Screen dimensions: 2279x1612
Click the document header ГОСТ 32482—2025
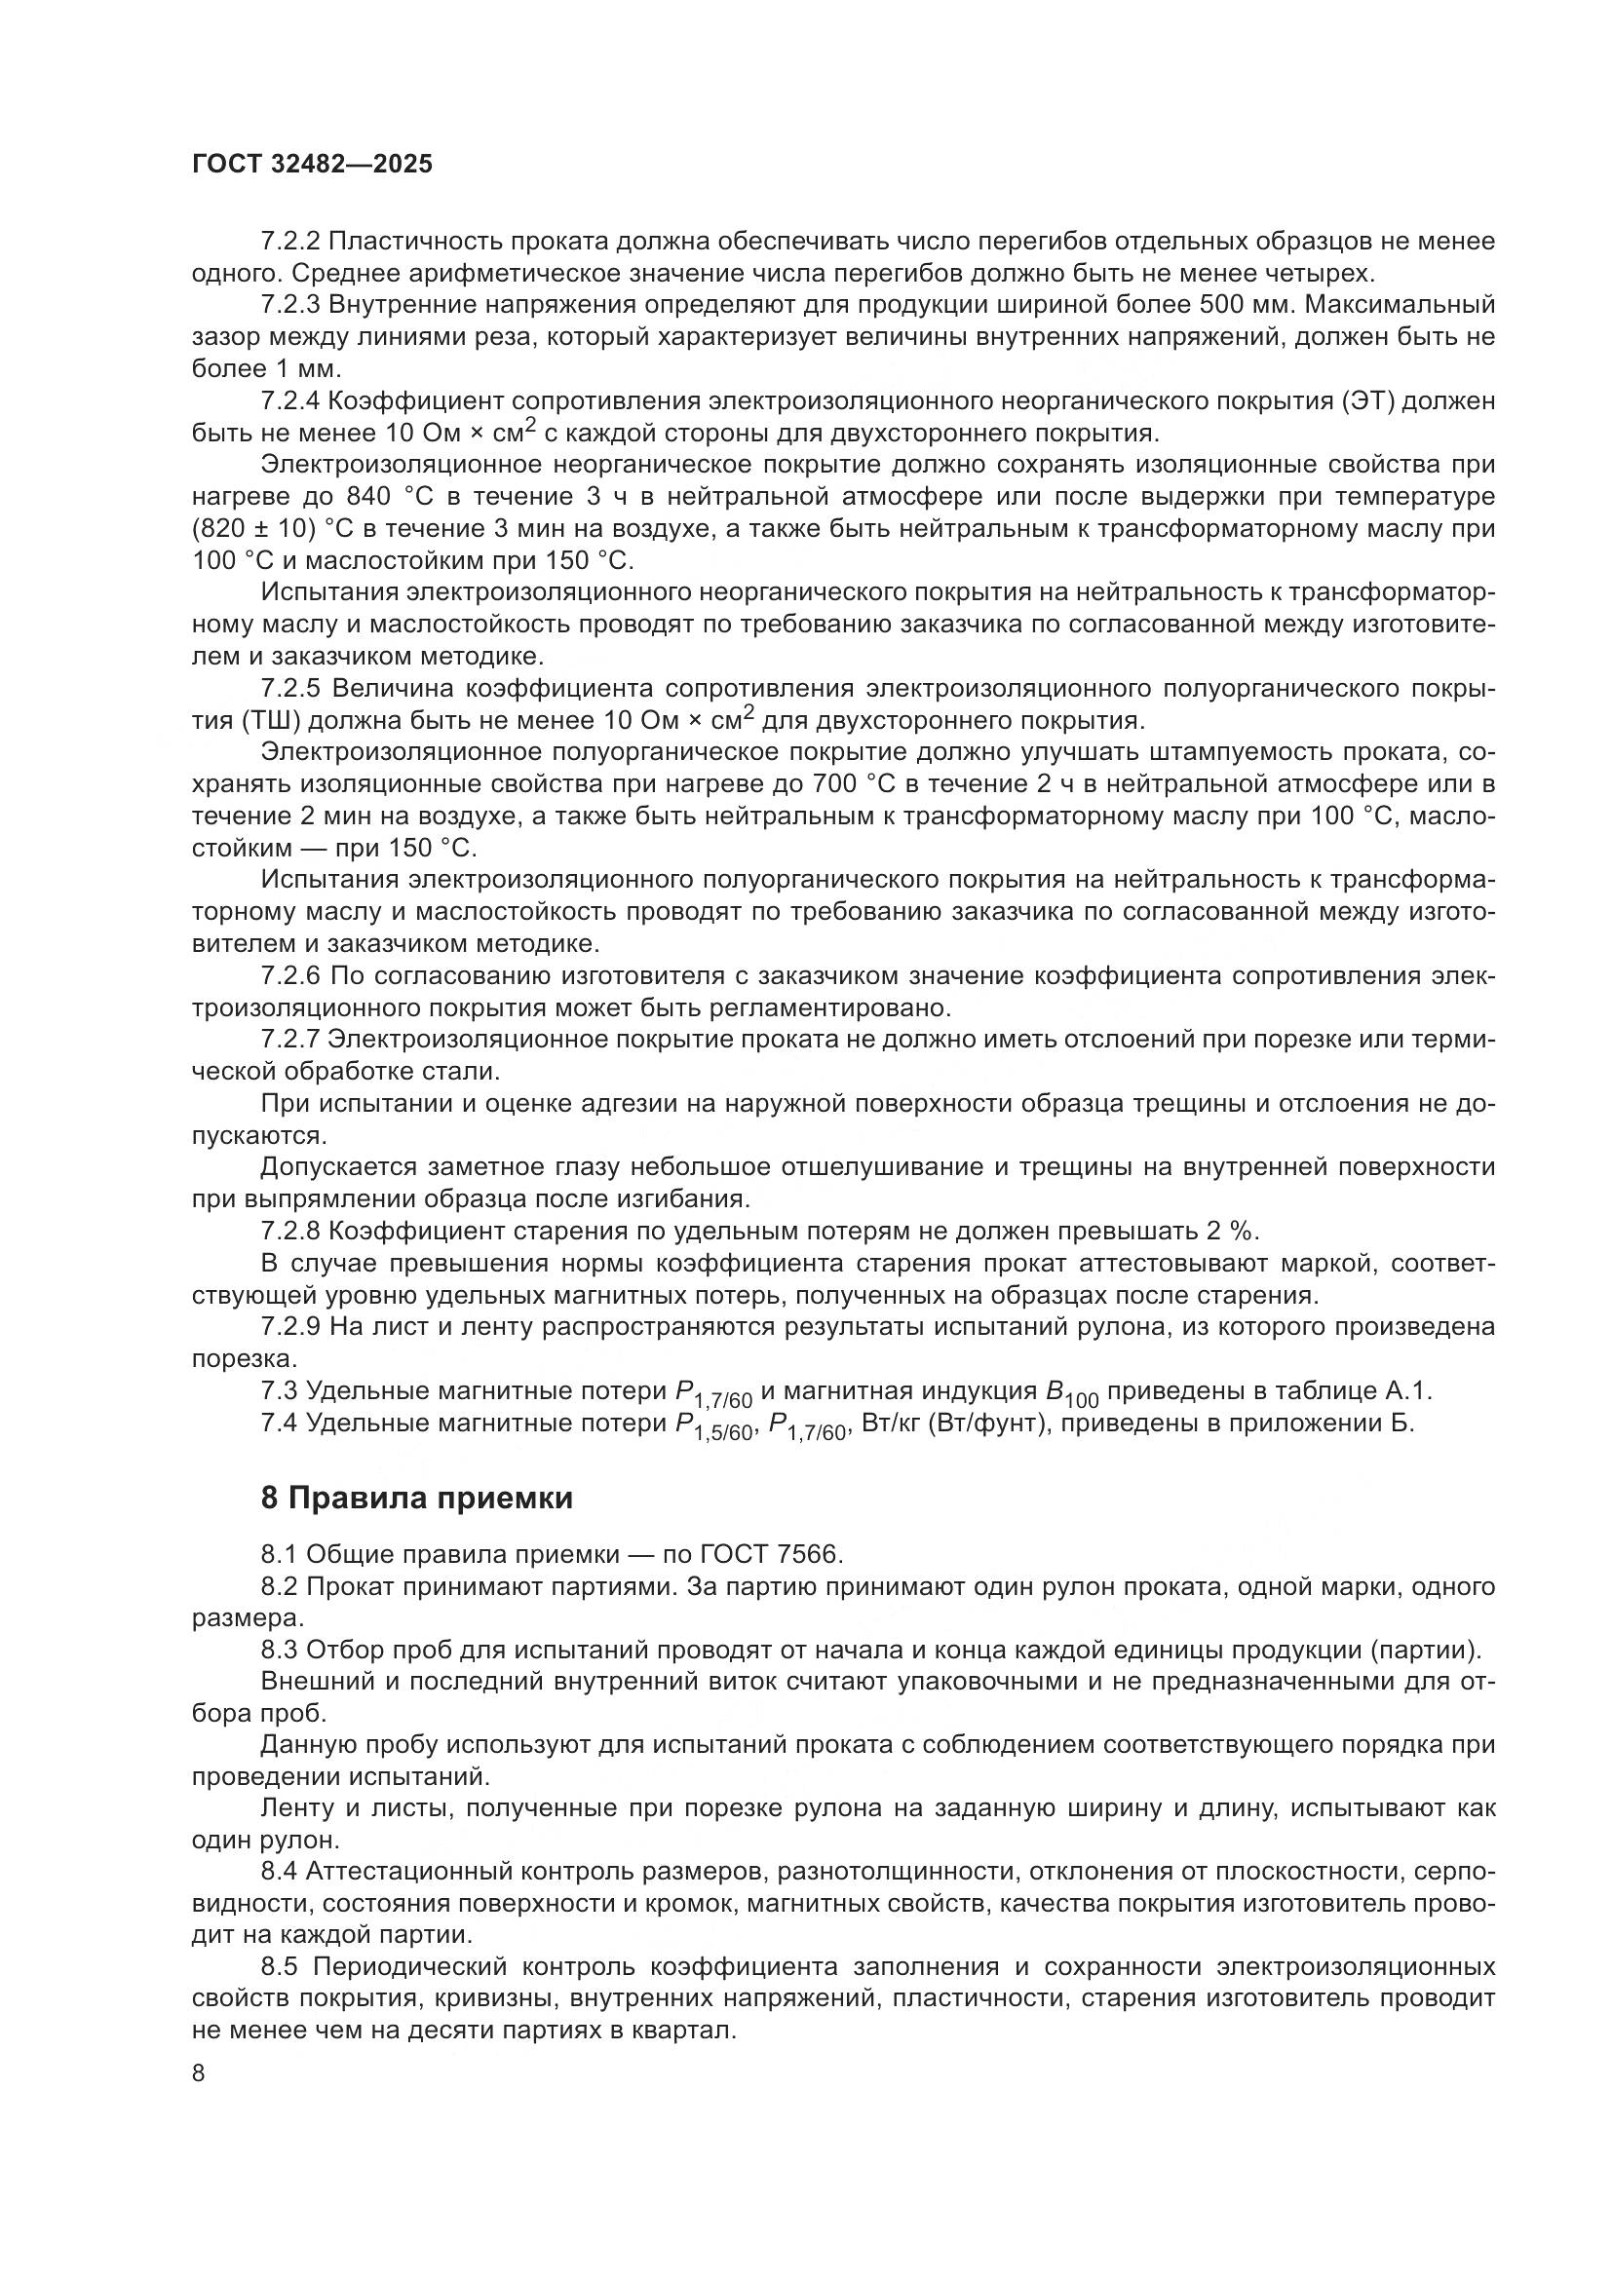pyautogui.click(x=312, y=165)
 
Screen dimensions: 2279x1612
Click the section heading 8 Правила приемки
pyautogui.click(x=417, y=1499)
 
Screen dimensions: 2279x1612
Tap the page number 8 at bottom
pyautogui.click(x=199, y=2073)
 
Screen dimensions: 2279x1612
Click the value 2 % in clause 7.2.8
pyautogui.click(x=1231, y=1232)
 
